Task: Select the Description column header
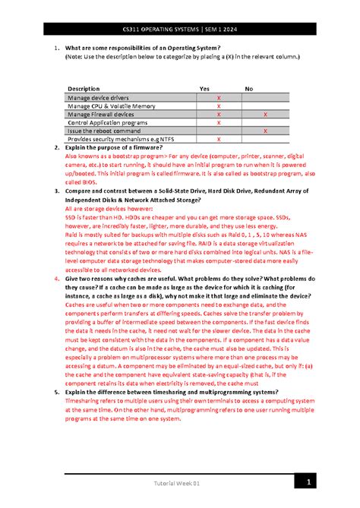[x=84, y=89]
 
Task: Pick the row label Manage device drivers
[x=98, y=98]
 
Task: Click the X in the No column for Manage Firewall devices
[x=264, y=114]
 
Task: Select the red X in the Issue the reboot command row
[x=264, y=131]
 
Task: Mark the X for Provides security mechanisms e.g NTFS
[x=219, y=140]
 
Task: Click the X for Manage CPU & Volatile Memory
[x=219, y=106]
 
